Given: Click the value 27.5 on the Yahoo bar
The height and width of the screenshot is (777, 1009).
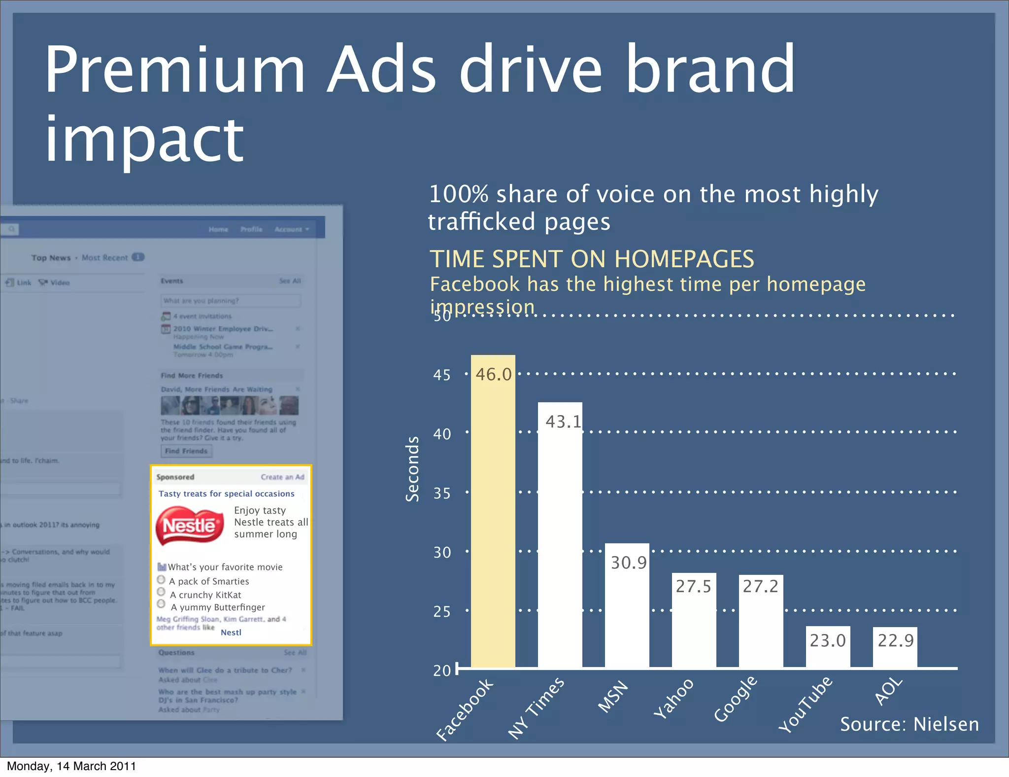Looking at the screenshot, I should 693,587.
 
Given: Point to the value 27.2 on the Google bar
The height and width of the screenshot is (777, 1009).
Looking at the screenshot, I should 760,587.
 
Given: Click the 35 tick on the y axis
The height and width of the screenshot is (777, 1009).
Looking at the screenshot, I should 442,494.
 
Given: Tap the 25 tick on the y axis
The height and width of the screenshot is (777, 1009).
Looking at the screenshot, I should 442,612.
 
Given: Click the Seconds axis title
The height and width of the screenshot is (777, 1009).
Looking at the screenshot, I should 412,469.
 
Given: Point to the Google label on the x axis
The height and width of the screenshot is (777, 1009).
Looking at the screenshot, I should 736,699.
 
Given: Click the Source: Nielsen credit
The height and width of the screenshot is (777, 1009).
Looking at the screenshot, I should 909,724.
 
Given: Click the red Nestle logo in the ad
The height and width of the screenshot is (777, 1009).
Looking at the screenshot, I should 190,526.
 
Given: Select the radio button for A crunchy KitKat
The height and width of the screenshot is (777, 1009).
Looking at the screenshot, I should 161,592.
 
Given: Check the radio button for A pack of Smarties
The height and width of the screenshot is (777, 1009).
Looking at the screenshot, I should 161,580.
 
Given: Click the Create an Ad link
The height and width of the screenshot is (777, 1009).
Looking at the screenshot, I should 282,477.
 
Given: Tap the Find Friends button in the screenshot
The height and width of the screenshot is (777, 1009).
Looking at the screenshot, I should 186,451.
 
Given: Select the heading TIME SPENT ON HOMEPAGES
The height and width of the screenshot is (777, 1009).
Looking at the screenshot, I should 591,259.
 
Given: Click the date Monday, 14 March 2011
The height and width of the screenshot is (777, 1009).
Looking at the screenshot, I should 71,766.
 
